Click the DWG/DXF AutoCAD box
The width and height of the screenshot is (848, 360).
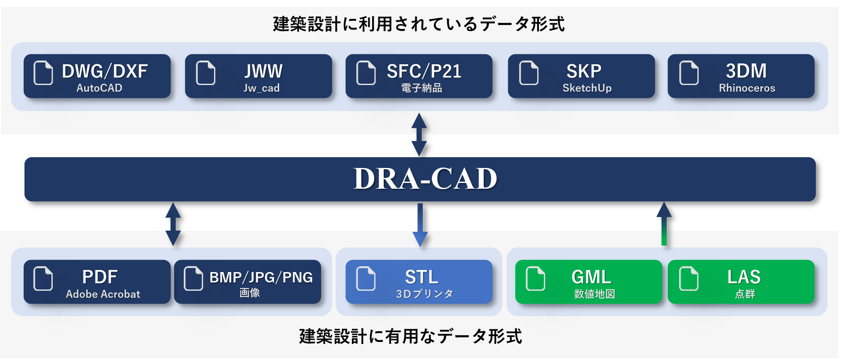coord(97,76)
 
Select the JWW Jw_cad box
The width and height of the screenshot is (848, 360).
coord(258,76)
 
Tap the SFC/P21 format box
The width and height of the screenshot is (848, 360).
coord(419,76)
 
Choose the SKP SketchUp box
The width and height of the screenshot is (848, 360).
coord(581,76)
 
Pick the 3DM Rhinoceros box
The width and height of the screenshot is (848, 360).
coord(741,76)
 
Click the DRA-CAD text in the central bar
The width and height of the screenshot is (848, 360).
coord(425,179)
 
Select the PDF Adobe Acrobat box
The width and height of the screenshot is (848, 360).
coord(97,282)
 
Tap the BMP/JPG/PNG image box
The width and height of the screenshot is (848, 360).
coord(248,282)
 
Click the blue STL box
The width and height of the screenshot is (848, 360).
coord(419,282)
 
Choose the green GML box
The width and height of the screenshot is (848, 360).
coord(588,282)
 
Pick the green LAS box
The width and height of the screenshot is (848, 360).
coord(741,282)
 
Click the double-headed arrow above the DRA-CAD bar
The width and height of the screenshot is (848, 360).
coord(419,134)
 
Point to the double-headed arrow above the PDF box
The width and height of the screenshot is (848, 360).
coord(173,224)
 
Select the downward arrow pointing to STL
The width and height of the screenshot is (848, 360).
coord(420,225)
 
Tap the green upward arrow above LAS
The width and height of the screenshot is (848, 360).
coord(664,224)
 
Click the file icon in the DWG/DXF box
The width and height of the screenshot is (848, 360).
coord(43,73)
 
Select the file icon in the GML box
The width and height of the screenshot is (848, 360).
coord(535,278)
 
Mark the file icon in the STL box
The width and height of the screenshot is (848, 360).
coord(366,278)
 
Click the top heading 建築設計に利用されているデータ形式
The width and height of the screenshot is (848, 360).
coord(419,24)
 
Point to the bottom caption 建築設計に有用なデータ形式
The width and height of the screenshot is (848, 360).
coord(411,336)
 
